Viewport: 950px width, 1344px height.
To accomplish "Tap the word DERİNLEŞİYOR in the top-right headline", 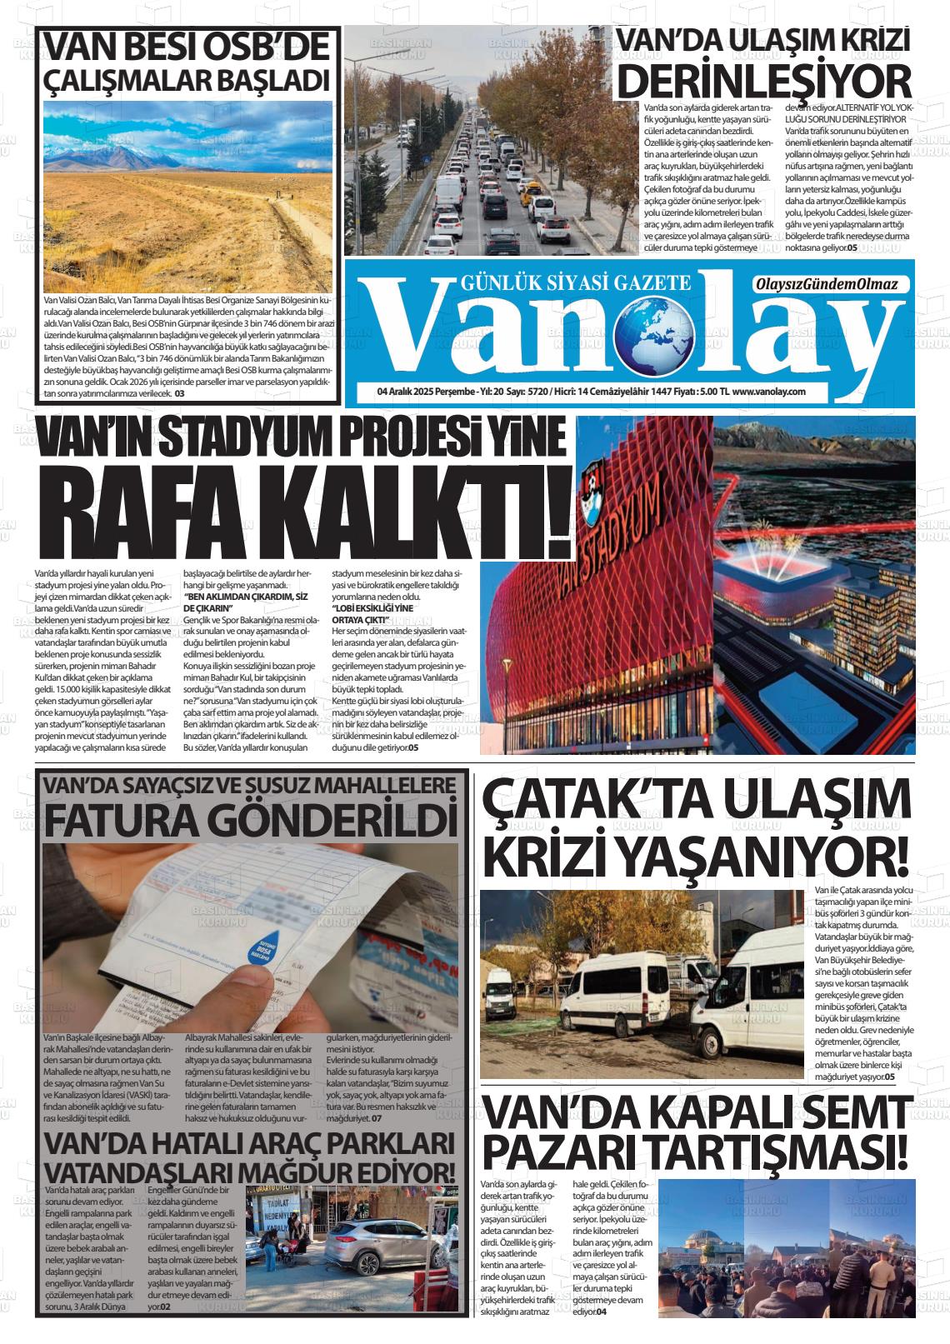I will tap(766, 82).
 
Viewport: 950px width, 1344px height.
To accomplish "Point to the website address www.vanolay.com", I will tap(769, 391).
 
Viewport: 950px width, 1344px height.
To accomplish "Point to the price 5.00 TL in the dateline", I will tap(713, 391).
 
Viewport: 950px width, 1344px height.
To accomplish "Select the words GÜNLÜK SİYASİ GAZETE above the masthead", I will tap(576, 283).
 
